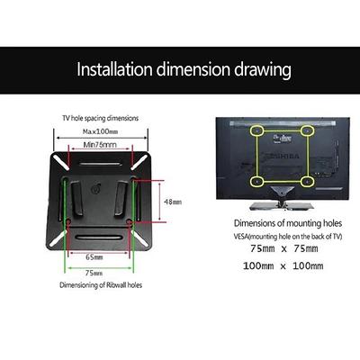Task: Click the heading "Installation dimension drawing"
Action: point(184,70)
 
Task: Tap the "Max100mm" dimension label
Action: point(101,131)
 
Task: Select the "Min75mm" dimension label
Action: point(100,145)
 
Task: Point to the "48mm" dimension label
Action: point(173,202)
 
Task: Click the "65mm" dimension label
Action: point(94,257)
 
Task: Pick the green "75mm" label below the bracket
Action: point(94,273)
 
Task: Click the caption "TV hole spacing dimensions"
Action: point(101,118)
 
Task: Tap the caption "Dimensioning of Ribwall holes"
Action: point(101,285)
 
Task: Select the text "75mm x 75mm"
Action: point(283,248)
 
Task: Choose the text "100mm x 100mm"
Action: point(283,265)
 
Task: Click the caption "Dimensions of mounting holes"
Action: point(288,223)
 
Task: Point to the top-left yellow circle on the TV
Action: point(257,130)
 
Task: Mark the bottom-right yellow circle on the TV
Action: point(307,182)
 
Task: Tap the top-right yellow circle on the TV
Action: point(307,130)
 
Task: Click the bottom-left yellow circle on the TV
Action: point(256,182)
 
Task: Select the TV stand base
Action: point(282,206)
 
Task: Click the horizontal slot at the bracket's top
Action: point(100,164)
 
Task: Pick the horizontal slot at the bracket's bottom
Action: point(99,238)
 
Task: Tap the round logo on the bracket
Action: point(95,190)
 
